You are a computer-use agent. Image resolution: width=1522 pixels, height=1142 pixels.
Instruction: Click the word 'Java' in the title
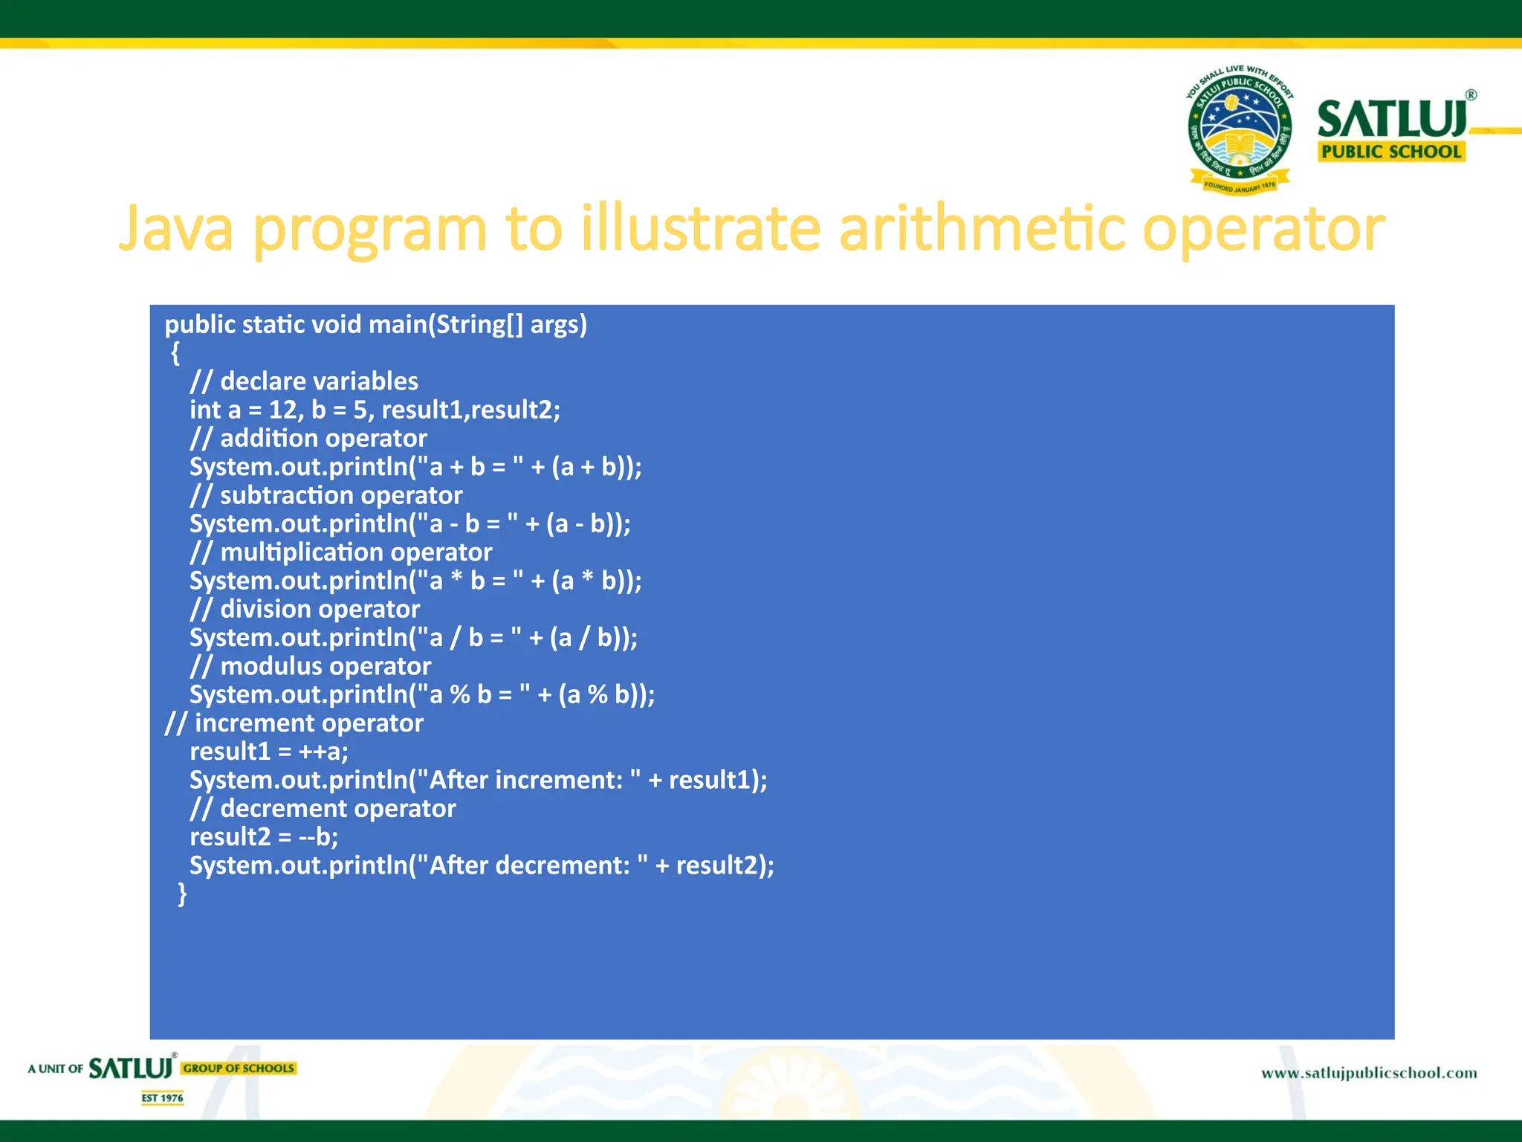pos(176,228)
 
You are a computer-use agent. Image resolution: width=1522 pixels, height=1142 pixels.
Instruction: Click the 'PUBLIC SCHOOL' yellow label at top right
pos(1390,152)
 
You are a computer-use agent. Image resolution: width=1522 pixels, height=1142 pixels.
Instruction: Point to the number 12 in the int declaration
pos(282,410)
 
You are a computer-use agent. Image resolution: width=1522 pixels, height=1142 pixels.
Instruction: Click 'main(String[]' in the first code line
pos(446,325)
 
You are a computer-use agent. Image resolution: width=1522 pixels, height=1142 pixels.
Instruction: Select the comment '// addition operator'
pos(308,439)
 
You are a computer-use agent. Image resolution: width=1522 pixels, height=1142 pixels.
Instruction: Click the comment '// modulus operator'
pos(310,666)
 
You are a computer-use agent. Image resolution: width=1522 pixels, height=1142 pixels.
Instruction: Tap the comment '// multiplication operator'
pos(340,552)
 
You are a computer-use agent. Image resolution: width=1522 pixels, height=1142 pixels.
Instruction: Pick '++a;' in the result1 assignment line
pos(323,752)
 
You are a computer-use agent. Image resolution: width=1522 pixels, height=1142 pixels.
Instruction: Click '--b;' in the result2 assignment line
pos(318,837)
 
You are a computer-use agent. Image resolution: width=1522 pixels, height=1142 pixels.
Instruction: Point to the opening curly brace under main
pos(175,353)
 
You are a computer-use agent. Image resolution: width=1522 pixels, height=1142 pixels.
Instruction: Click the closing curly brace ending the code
pos(182,894)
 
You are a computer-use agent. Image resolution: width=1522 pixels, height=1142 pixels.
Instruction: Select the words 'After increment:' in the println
pos(525,780)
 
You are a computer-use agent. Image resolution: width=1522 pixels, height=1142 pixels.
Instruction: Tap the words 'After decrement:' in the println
pos(529,865)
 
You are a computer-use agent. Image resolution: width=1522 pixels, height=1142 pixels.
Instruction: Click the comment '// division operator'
pos(305,610)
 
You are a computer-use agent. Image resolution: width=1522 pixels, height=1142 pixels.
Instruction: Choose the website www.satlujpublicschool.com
pos(1369,1073)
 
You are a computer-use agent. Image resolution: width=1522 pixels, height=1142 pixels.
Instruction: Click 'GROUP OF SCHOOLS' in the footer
pos(239,1068)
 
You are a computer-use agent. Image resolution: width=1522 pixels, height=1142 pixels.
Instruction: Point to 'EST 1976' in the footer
pos(162,1098)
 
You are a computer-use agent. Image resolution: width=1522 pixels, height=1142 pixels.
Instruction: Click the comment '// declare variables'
pos(304,381)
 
